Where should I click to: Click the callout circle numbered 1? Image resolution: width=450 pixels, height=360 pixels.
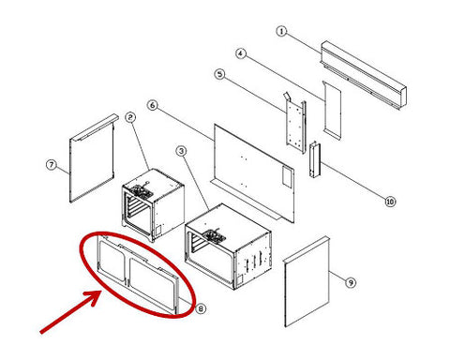[x=281, y=31]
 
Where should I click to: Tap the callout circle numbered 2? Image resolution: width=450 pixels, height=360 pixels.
[x=130, y=117]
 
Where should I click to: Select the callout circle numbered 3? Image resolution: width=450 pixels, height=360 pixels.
[x=181, y=151]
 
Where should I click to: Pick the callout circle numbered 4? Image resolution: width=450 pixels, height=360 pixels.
[x=240, y=53]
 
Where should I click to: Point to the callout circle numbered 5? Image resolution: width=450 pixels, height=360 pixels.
[x=220, y=74]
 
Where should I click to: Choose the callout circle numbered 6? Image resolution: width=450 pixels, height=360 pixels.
[x=152, y=105]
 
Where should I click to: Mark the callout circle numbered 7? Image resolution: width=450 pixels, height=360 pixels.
[x=52, y=165]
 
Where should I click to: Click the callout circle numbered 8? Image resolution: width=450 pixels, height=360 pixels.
[x=201, y=308]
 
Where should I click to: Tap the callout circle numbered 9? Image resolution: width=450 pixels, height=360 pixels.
[x=351, y=282]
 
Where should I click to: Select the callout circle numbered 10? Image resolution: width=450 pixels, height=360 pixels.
[x=390, y=202]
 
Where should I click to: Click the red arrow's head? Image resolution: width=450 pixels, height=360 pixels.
[x=94, y=297]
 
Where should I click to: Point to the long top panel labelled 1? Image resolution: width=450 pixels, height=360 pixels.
[x=364, y=75]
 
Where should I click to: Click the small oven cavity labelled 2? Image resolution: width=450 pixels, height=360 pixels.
[x=153, y=204]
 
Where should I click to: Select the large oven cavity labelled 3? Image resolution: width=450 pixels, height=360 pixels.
[x=228, y=247]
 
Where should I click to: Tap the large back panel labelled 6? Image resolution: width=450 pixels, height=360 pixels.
[x=254, y=172]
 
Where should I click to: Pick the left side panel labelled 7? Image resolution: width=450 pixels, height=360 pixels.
[x=92, y=158]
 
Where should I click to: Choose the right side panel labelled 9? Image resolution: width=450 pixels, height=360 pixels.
[x=307, y=282]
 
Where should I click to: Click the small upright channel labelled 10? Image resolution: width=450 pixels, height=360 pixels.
[x=315, y=159]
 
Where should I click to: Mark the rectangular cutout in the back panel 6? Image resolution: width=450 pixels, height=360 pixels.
[x=287, y=177]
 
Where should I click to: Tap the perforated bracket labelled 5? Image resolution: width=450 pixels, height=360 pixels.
[x=295, y=123]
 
